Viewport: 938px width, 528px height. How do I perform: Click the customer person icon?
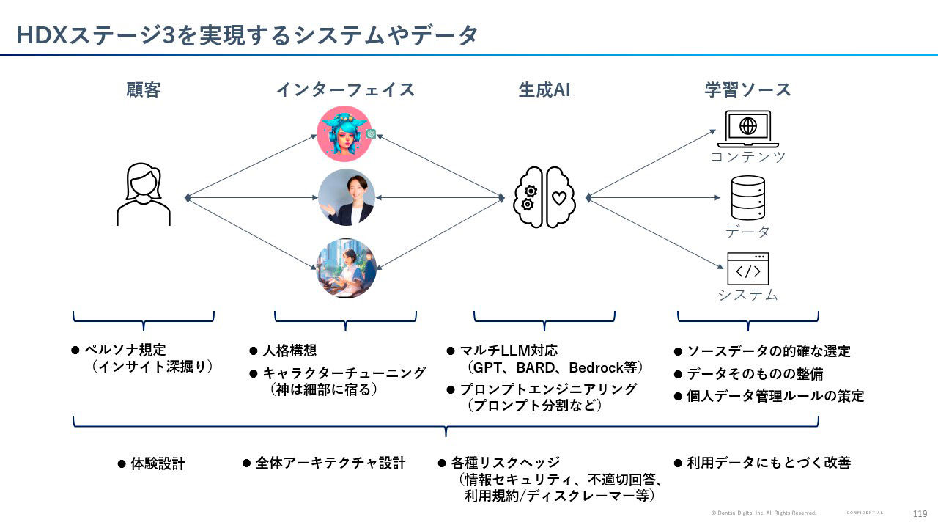click(x=144, y=194)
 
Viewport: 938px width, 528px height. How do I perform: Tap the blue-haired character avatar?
click(x=345, y=133)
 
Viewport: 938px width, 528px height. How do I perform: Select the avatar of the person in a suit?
click(x=346, y=197)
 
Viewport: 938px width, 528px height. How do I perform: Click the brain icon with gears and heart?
click(x=545, y=197)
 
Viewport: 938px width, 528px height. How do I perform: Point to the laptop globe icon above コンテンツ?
click(x=747, y=128)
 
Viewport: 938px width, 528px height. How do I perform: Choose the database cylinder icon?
click(x=747, y=198)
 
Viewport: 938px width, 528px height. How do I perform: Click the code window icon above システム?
click(x=747, y=269)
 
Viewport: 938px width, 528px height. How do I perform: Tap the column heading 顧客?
click(x=143, y=89)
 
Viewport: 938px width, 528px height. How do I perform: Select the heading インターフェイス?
click(x=345, y=89)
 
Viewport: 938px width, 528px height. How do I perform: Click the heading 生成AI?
click(x=544, y=89)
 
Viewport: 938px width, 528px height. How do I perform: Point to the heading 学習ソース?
click(x=747, y=89)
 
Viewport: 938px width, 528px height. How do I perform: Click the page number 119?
click(x=920, y=513)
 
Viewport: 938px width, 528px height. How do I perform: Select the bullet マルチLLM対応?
click(x=509, y=351)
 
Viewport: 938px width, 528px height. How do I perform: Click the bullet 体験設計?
click(x=158, y=463)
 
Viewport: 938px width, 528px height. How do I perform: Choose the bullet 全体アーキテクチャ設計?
click(x=330, y=463)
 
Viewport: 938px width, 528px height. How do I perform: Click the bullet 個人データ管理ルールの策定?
click(x=775, y=396)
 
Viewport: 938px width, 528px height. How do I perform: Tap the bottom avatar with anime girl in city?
click(x=346, y=268)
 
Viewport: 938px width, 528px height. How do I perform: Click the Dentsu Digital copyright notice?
click(x=763, y=513)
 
